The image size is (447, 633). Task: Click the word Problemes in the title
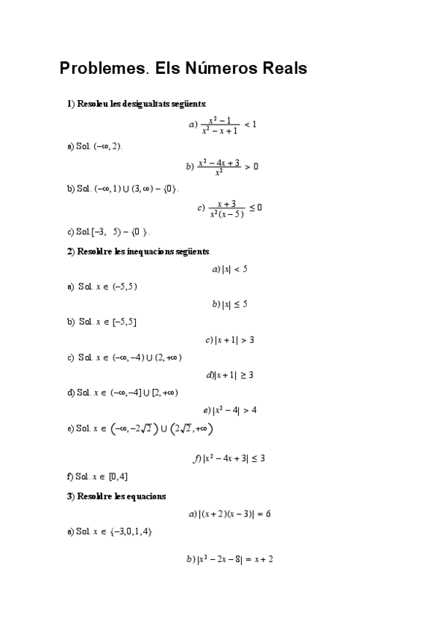pos(102,69)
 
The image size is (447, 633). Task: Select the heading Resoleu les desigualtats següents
pos(137,104)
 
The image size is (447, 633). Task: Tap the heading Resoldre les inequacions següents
pos(139,251)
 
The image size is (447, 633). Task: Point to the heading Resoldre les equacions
pos(116,496)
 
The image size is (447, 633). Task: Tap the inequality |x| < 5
pos(230,269)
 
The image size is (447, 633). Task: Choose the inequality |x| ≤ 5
pos(230,304)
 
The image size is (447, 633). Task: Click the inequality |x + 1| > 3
pos(231,340)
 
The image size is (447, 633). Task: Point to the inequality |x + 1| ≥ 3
pos(231,375)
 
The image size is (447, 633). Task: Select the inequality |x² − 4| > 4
pos(231,410)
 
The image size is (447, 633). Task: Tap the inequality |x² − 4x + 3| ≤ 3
pos(230,458)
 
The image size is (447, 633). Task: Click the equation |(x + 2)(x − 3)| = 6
pos(230,514)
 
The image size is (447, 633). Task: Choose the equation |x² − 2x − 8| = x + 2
pos(230,558)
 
